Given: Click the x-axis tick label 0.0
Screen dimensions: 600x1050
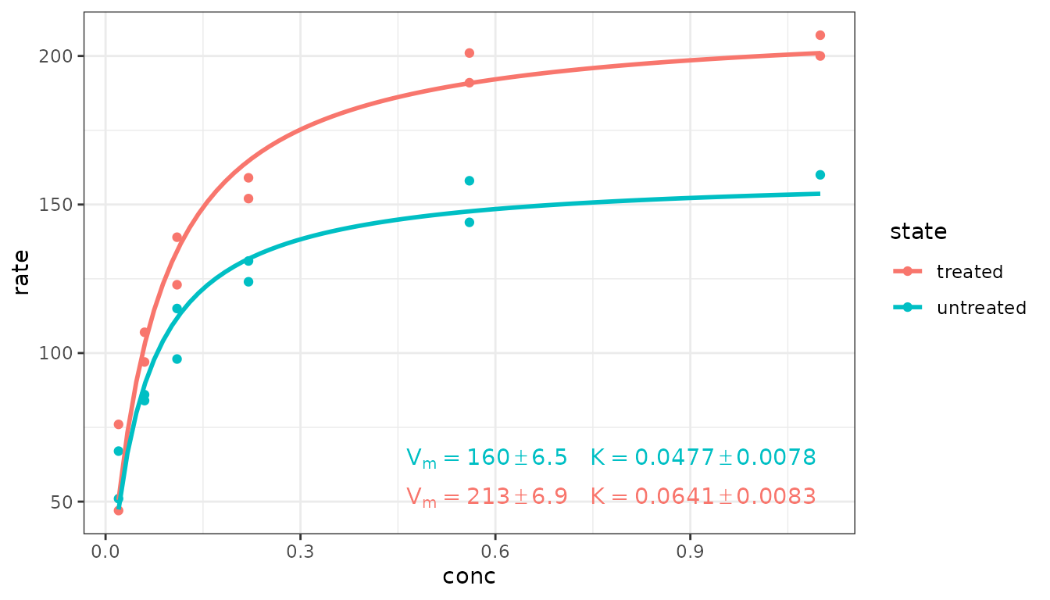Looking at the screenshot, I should (x=105, y=551).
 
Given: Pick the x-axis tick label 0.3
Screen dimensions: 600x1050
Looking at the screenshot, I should (x=300, y=551).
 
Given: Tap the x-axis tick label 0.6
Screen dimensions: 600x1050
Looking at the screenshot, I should (x=495, y=551).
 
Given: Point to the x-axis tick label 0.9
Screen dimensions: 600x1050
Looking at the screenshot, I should (x=690, y=551).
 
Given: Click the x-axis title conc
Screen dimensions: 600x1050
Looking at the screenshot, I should (x=469, y=577).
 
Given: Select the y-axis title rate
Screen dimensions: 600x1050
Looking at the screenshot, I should (x=22, y=272).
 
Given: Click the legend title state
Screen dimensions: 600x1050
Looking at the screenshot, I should (x=918, y=232).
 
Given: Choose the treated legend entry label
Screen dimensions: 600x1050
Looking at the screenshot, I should (x=970, y=272).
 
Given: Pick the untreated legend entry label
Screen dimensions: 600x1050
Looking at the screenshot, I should (x=981, y=308).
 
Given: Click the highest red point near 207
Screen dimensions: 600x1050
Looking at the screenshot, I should (x=820, y=35).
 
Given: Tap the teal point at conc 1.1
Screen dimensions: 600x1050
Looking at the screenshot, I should (x=820, y=175).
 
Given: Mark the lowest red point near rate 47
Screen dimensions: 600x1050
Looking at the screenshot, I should (x=119, y=510).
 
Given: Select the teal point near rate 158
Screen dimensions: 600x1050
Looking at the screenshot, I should (x=470, y=180).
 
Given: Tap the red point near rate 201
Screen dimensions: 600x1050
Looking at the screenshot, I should (x=470, y=53).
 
